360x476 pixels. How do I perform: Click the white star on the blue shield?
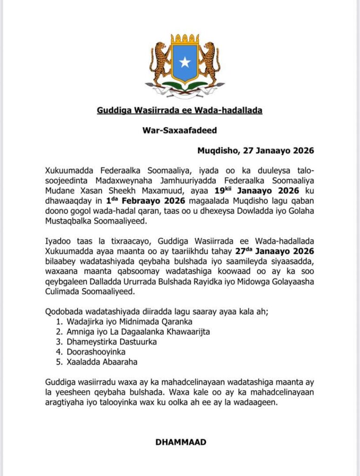pos(185,63)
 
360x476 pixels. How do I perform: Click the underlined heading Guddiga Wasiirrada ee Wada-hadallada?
pos(180,110)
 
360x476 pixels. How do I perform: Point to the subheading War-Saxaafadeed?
pos(180,131)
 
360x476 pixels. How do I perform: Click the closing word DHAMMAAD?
pos(180,442)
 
